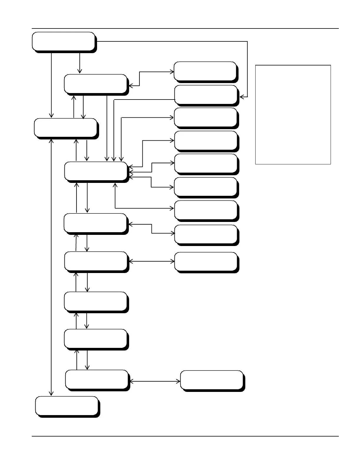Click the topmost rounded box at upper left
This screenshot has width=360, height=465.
pyautogui.click(x=64, y=41)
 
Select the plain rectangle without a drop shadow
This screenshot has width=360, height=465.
pyautogui.click(x=293, y=114)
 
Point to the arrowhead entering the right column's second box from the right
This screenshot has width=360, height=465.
pyautogui.click(x=242, y=97)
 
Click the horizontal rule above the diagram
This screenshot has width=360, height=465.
pyautogui.click(x=185, y=29)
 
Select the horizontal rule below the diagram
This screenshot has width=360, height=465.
pyautogui.click(x=185, y=436)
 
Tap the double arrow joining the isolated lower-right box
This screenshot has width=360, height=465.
pyautogui.click(x=155, y=381)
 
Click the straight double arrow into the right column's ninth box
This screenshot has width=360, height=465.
pyautogui.click(x=152, y=261)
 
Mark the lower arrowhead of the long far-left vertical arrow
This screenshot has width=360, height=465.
pyautogui.click(x=51, y=393)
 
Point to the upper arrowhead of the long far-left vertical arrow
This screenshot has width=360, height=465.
pyautogui.click(x=51, y=141)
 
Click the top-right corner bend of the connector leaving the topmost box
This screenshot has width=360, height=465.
pyautogui.click(x=247, y=41)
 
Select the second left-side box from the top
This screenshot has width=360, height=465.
pyautogui.click(x=96, y=84)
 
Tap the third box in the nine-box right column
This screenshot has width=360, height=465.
pyautogui.click(x=206, y=117)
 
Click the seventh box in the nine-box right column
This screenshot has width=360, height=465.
pyautogui.click(x=206, y=210)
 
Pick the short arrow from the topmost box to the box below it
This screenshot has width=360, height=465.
pyautogui.click(x=80, y=63)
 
